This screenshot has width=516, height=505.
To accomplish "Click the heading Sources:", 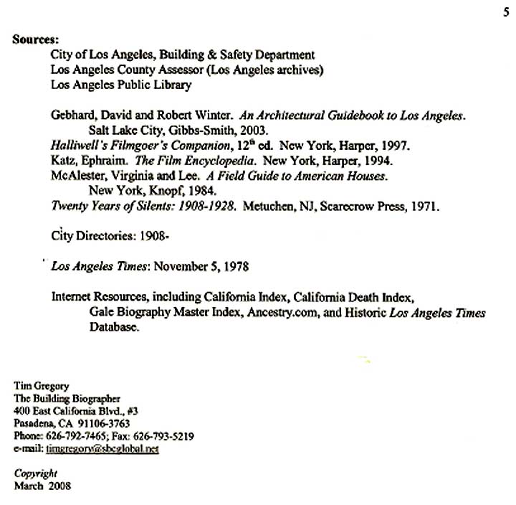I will pyautogui.click(x=35, y=39).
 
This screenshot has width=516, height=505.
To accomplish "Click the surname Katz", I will pyautogui.click(x=64, y=161).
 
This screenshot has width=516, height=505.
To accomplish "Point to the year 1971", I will pyautogui.click(x=423, y=206).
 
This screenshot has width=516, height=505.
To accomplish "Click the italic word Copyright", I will pyautogui.click(x=35, y=473).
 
